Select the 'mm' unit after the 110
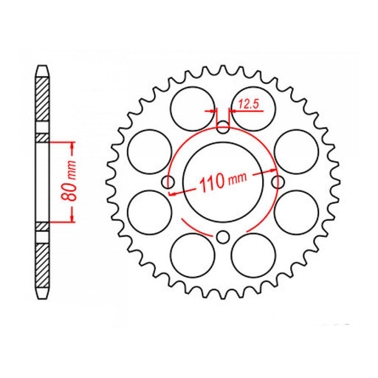237,179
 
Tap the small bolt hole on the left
168,181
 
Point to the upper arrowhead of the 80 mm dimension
72,142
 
